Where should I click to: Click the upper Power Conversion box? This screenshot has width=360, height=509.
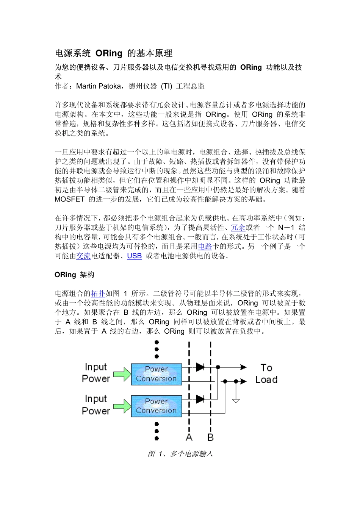click(x=156, y=374)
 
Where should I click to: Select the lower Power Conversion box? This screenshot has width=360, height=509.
click(x=156, y=406)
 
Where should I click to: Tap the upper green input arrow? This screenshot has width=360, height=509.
click(x=122, y=374)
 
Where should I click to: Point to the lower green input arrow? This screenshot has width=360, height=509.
click(x=122, y=406)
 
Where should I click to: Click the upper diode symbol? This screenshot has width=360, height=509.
click(x=200, y=367)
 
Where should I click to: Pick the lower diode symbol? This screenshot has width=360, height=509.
click(x=200, y=399)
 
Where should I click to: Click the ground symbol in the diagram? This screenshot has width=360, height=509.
click(x=236, y=400)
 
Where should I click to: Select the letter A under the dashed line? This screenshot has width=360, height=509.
click(x=189, y=437)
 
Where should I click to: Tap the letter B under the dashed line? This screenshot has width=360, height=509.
click(x=211, y=437)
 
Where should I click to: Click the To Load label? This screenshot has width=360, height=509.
click(x=266, y=373)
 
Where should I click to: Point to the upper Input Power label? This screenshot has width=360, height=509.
click(x=96, y=373)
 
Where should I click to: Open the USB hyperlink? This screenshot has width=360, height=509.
click(x=134, y=256)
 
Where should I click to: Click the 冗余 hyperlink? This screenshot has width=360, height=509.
click(x=238, y=228)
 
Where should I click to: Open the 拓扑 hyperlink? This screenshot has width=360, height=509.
click(x=98, y=294)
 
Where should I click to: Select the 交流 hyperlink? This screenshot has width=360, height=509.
click(x=83, y=256)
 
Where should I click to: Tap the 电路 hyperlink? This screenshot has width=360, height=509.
click(x=205, y=247)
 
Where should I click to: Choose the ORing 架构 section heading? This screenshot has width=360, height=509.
click(x=74, y=275)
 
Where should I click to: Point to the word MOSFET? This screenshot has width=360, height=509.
click(x=69, y=199)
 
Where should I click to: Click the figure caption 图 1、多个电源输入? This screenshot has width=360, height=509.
click(x=180, y=453)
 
